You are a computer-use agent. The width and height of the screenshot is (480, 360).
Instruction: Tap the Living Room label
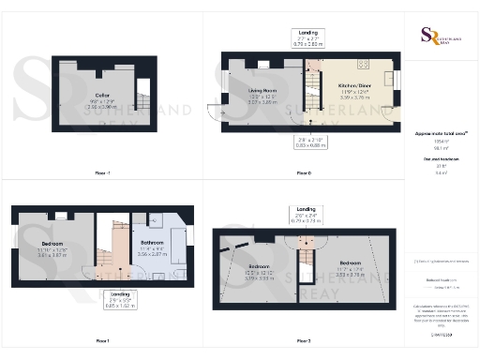(x=263, y=91)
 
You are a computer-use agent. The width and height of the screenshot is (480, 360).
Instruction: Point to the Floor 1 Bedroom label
(x=52, y=243)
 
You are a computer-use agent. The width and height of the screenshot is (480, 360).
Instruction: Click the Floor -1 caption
(x=102, y=173)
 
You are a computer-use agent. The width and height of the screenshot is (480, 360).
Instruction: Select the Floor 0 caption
(x=302, y=173)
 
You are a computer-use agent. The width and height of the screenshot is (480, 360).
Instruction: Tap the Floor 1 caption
(x=102, y=339)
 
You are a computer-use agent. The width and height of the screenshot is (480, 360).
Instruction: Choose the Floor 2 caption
(x=302, y=339)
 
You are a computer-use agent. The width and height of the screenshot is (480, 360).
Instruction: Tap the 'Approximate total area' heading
(x=440, y=134)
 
